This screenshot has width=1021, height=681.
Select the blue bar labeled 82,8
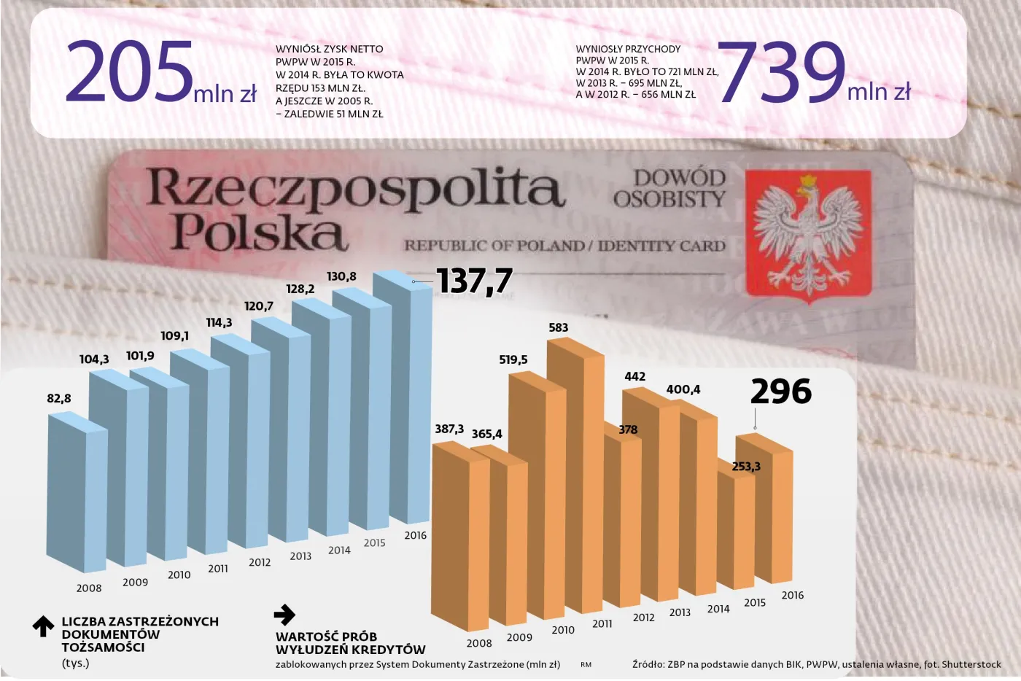click(75, 496)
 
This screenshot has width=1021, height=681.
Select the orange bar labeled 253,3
click(735, 529)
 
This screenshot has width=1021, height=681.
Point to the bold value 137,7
click(474, 281)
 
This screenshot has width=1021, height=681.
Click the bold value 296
click(780, 392)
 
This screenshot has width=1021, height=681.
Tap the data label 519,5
click(513, 359)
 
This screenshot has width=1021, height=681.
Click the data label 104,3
click(94, 359)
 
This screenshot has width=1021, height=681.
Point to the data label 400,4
click(683, 389)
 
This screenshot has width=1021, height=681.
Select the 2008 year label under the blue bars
click(89, 588)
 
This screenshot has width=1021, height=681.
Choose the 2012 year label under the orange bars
click(643, 617)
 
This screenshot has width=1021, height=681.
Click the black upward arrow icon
click(43, 626)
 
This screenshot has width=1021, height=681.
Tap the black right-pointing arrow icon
click(284, 615)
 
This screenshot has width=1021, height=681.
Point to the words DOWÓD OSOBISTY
click(669, 188)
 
